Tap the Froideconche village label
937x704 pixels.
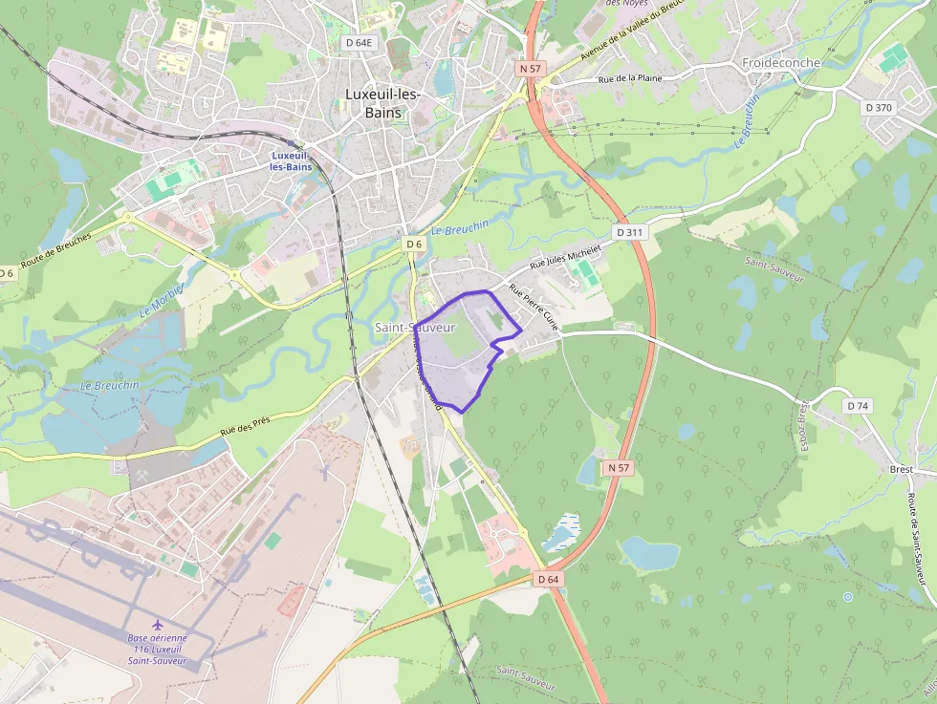click(781, 63)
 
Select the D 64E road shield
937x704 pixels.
click(360, 43)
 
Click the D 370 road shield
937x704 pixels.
click(878, 108)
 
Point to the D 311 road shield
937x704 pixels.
click(630, 232)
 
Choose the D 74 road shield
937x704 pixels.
click(858, 406)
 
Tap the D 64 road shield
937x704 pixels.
click(548, 579)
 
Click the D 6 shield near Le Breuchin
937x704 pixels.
click(413, 245)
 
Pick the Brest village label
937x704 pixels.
click(900, 470)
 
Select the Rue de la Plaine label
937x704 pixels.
click(630, 80)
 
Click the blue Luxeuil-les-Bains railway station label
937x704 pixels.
click(291, 160)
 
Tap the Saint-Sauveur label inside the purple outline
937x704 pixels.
click(415, 328)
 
